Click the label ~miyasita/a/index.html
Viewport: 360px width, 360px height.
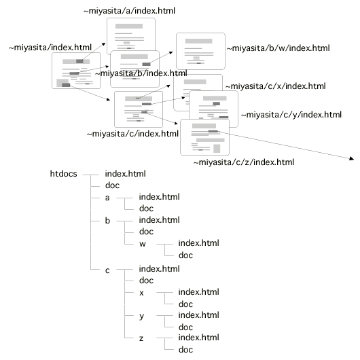coord(129,11)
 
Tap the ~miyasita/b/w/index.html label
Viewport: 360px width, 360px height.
coord(278,48)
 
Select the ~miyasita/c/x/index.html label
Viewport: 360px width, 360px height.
coord(276,86)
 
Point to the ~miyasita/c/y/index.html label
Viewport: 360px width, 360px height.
coord(291,115)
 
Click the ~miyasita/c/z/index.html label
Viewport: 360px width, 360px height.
coord(244,162)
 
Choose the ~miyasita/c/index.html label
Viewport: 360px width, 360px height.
coord(132,134)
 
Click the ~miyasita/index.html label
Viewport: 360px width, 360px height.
coord(50,48)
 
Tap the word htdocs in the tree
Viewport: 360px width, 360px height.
coord(64,174)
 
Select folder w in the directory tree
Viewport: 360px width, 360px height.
coord(143,244)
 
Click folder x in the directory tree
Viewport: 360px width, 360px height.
coord(141,293)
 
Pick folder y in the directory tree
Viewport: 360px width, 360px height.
coord(142,317)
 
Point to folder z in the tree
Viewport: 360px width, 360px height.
coord(141,338)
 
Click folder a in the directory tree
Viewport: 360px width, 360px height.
coord(107,198)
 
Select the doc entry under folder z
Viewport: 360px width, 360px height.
coord(185,350)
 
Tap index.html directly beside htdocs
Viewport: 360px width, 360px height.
coord(126,174)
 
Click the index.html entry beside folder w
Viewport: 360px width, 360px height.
coord(199,243)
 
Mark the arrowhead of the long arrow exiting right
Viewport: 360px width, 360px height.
coord(351,158)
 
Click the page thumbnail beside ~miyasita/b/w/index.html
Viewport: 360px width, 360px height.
coord(200,51)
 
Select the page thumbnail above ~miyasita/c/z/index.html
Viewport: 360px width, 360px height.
coord(205,137)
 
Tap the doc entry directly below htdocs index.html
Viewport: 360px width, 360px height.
coord(112,185)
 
